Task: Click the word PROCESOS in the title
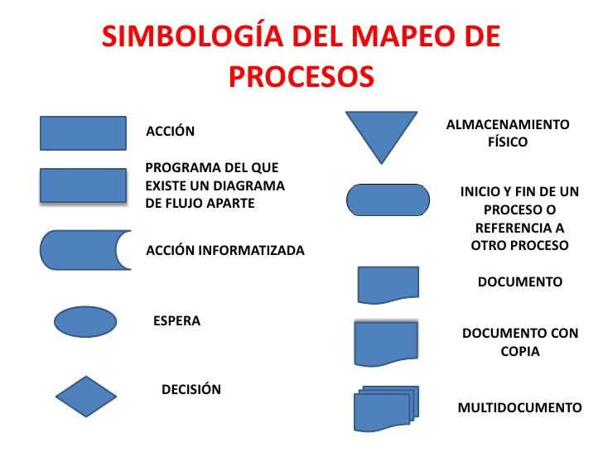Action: [301, 76]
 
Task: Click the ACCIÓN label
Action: [170, 131]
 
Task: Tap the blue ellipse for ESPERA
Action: [84, 321]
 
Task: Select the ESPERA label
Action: [176, 320]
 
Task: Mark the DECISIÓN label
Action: [191, 389]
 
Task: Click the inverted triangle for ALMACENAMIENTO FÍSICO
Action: [381, 136]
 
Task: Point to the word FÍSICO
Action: [509, 142]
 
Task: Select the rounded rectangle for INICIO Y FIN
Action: [388, 200]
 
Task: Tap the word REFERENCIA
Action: [520, 228]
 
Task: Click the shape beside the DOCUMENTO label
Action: [388, 284]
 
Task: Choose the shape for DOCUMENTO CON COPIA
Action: [386, 343]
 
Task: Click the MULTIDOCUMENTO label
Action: [519, 407]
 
